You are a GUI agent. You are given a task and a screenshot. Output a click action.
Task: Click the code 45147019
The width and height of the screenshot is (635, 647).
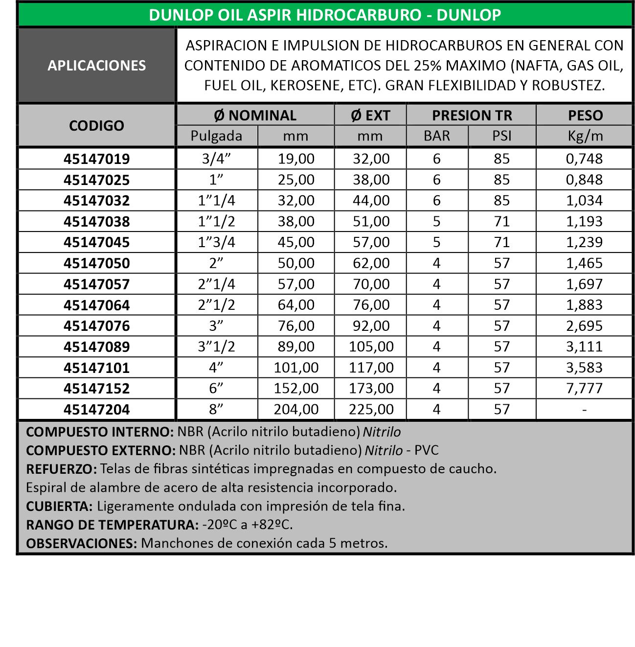pyautogui.click(x=96, y=159)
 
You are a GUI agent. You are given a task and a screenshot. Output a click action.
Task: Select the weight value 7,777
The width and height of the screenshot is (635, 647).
pyautogui.click(x=584, y=389)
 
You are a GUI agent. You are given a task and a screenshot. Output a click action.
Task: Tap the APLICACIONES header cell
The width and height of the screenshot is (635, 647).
pyautogui.click(x=96, y=66)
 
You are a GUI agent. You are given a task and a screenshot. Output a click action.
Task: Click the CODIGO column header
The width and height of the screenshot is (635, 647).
pyautogui.click(x=96, y=126)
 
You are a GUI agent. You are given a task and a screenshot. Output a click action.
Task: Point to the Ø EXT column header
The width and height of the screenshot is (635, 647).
pyautogui.click(x=370, y=116)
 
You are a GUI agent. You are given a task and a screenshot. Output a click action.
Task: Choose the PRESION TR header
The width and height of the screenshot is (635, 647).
pyautogui.click(x=472, y=116)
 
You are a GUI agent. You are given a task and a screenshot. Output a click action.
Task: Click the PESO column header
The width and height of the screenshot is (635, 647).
pyautogui.click(x=585, y=116)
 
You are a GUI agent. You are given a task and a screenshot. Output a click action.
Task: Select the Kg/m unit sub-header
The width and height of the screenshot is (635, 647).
pyautogui.click(x=585, y=136)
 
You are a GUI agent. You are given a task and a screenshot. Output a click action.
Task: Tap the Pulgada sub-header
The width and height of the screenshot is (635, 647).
pyautogui.click(x=216, y=136)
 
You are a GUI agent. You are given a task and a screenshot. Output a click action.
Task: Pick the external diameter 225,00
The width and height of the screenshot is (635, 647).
pyautogui.click(x=371, y=410)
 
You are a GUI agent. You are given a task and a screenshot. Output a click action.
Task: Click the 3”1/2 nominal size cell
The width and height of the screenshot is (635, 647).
pyautogui.click(x=216, y=347)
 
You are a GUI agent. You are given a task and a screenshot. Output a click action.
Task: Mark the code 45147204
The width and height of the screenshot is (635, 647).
pyautogui.click(x=96, y=410)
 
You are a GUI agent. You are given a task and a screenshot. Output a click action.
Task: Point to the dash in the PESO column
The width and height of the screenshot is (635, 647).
pyautogui.click(x=584, y=410)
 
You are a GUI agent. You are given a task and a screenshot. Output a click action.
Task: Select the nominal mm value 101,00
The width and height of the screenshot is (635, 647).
pyautogui.click(x=296, y=368)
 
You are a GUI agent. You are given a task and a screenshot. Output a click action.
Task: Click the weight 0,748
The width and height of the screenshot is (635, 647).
pyautogui.click(x=584, y=159)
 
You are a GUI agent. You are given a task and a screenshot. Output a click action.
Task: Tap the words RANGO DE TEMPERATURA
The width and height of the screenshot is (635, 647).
pyautogui.click(x=112, y=525)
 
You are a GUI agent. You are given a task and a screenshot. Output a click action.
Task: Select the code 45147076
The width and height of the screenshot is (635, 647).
pyautogui.click(x=96, y=326)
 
